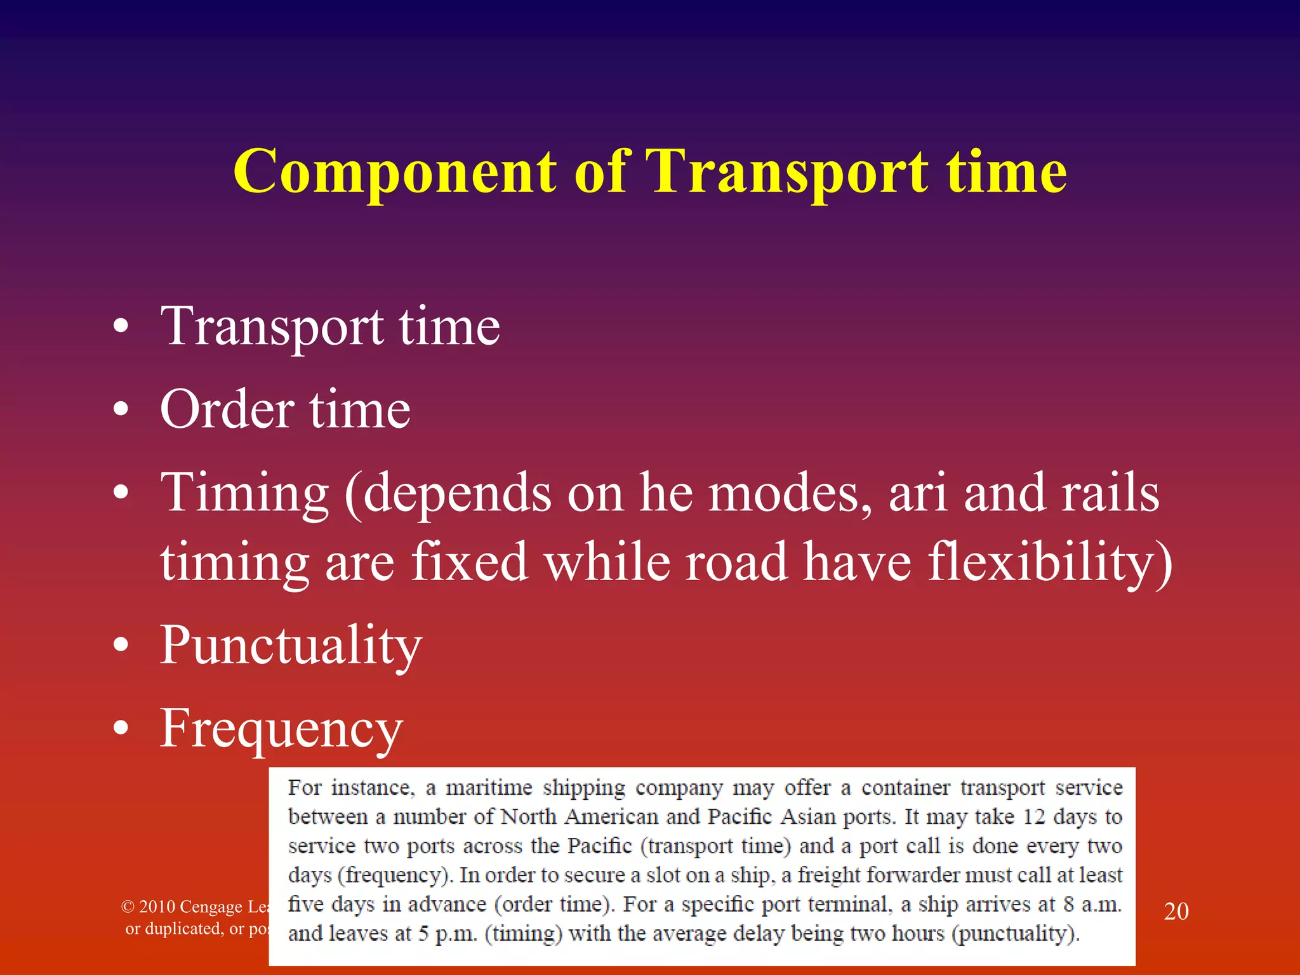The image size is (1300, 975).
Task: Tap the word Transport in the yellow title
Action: coord(787,173)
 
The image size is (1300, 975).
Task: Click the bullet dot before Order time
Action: coord(121,410)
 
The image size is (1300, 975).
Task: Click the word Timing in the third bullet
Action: coord(244,494)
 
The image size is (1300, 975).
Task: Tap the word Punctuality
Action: coord(291,646)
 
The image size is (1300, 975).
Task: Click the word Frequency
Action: coord(281,729)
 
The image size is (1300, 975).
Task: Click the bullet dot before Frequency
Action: coord(121,729)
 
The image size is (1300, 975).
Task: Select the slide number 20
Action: coord(1176,912)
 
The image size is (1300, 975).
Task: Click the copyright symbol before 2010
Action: coord(128,906)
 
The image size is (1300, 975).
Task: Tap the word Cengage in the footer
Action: coord(210,907)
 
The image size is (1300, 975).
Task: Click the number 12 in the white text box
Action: coord(1033,816)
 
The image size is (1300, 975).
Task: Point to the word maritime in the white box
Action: coord(489,788)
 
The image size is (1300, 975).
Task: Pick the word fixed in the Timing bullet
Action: coord(469,562)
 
